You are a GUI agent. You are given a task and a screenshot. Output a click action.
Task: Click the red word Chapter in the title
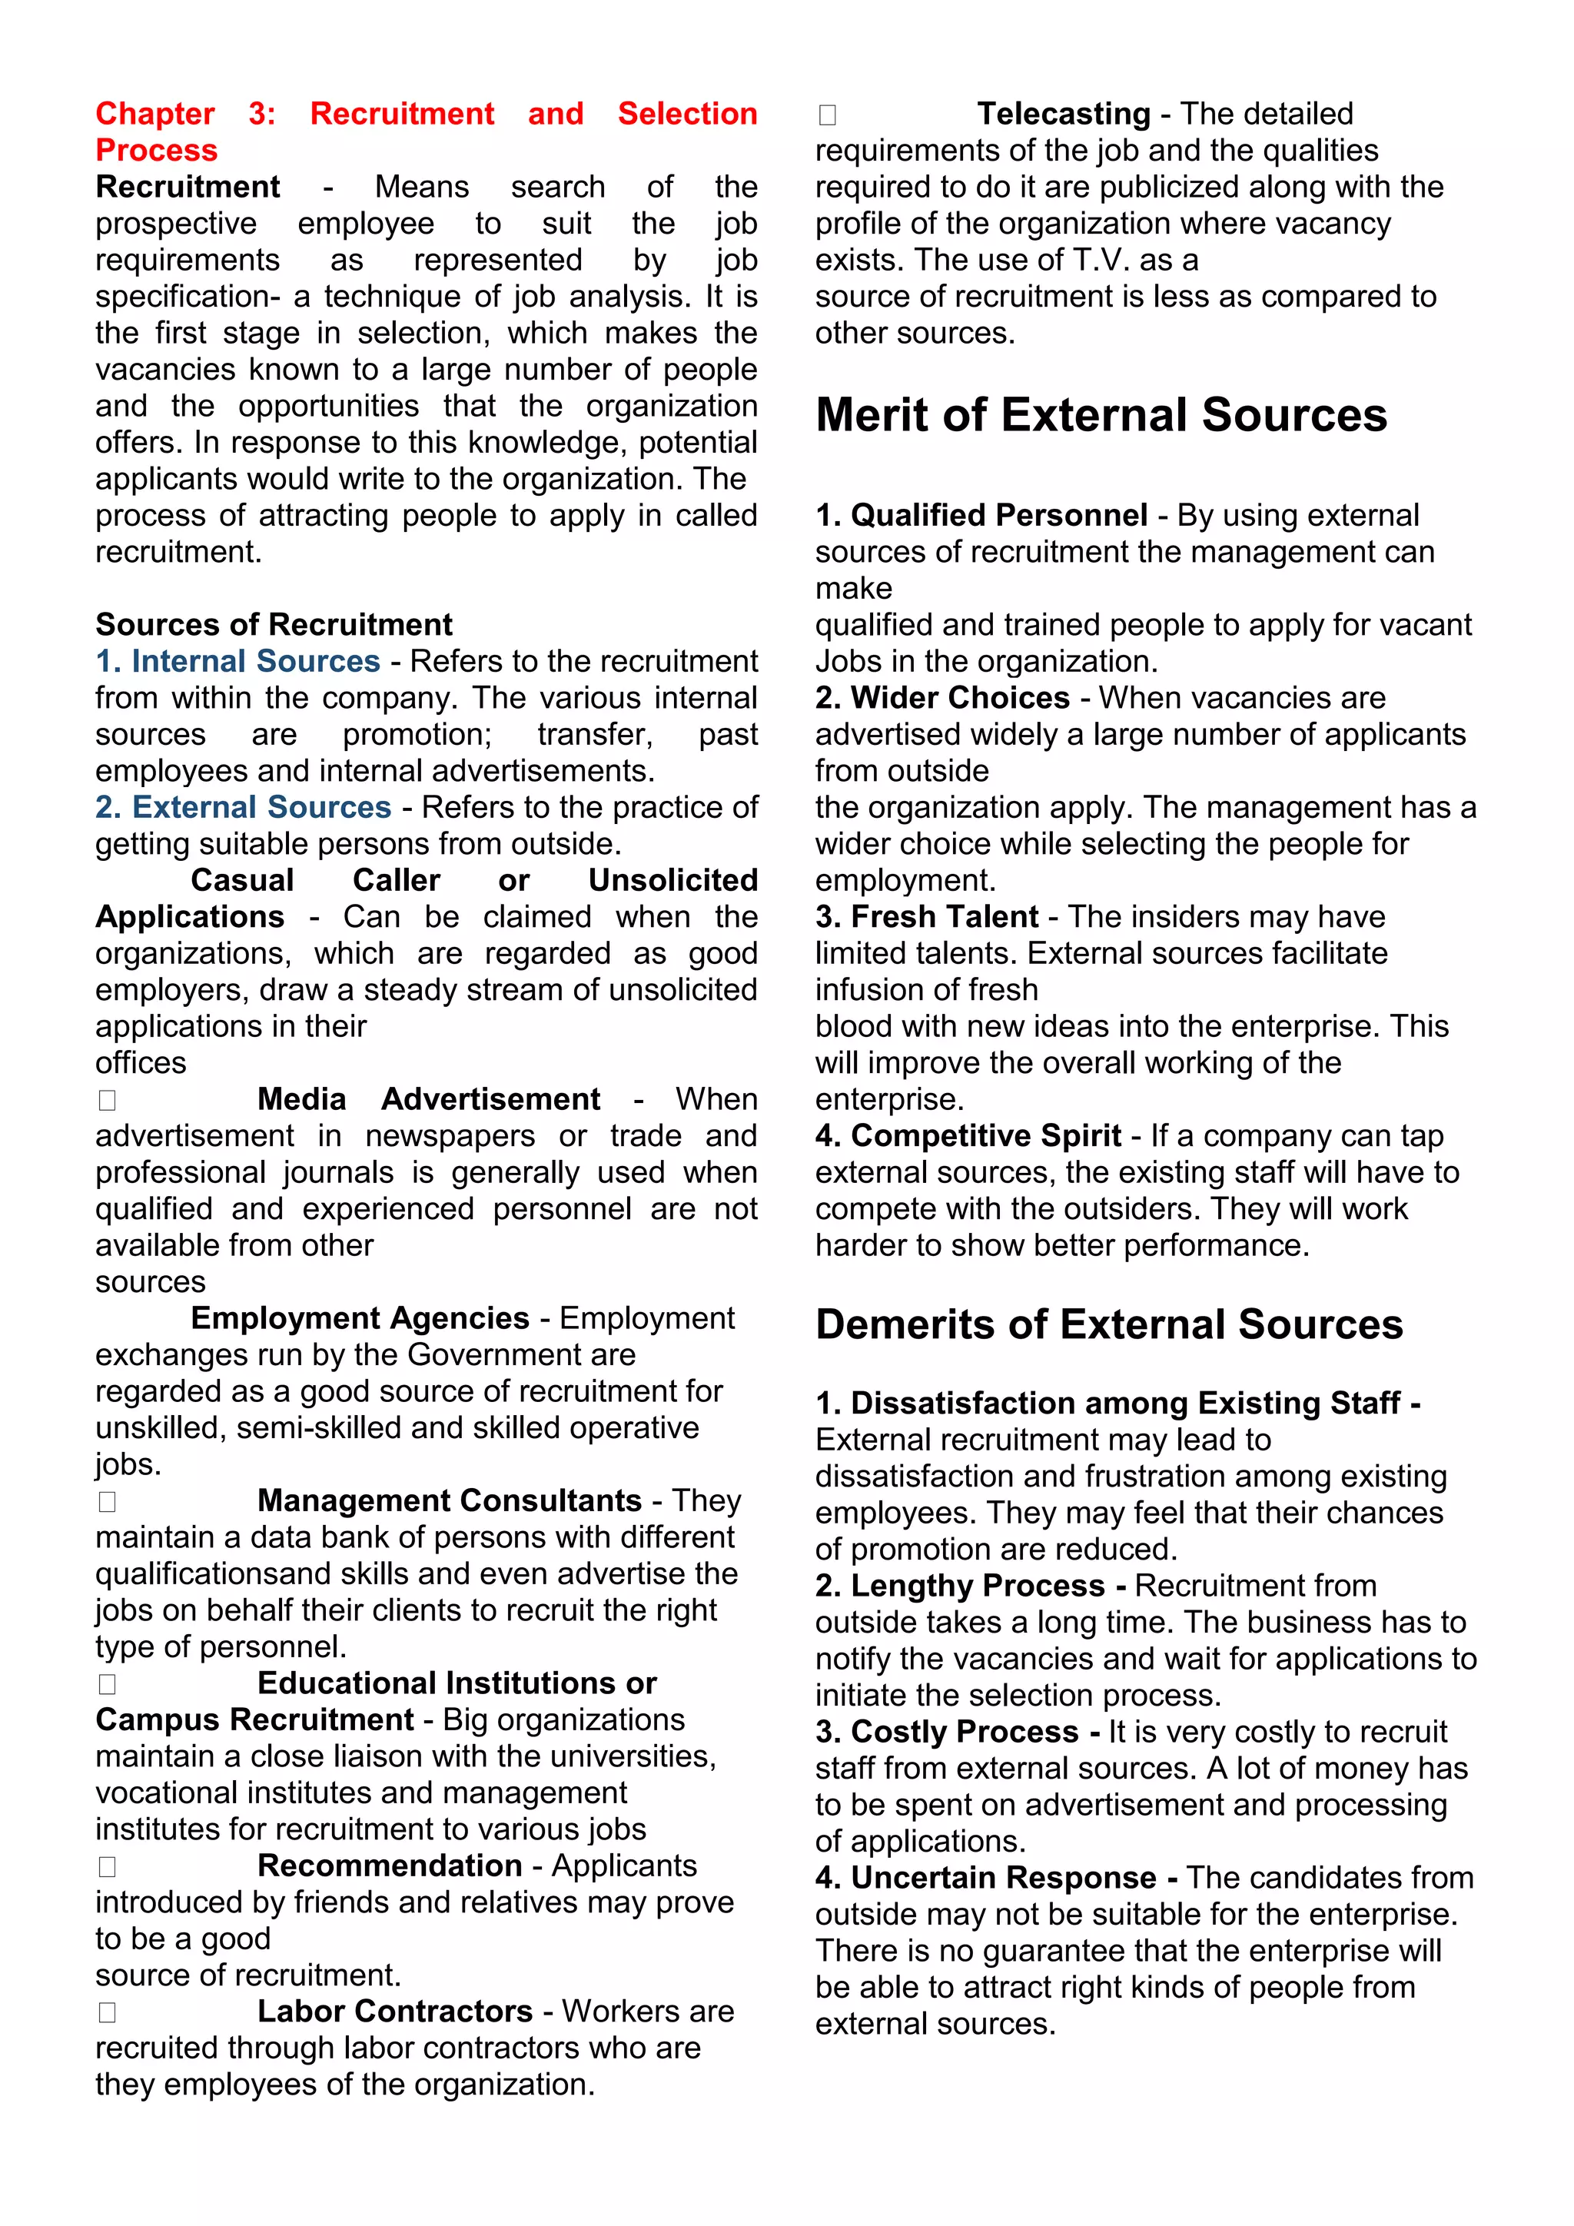[x=155, y=114]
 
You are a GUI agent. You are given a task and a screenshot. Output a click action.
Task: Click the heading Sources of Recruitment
[x=274, y=624]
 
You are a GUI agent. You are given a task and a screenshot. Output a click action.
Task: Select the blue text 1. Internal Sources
[x=237, y=661]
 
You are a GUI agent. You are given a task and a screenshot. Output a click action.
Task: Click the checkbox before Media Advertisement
[x=108, y=1101]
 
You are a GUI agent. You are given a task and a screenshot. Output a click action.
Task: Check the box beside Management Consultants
[x=108, y=1502]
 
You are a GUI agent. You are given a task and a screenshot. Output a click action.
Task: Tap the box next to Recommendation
[x=108, y=1866]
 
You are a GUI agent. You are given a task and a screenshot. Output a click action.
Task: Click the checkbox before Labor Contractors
[x=108, y=2013]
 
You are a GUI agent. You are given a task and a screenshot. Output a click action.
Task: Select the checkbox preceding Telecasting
[x=827, y=115]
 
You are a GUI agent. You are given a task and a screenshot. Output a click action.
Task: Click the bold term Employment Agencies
[x=360, y=1318]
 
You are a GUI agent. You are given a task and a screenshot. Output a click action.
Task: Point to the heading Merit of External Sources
[x=1101, y=415]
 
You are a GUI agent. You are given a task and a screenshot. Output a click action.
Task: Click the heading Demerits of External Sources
[x=1109, y=1324]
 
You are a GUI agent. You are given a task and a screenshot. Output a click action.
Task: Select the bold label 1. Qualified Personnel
[x=981, y=515]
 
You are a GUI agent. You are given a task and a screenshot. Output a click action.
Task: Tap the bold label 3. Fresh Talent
[x=927, y=916]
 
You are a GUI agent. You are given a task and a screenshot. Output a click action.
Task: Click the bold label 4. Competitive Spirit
[x=968, y=1135]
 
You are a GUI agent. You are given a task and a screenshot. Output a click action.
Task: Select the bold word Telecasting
[x=1063, y=114]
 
